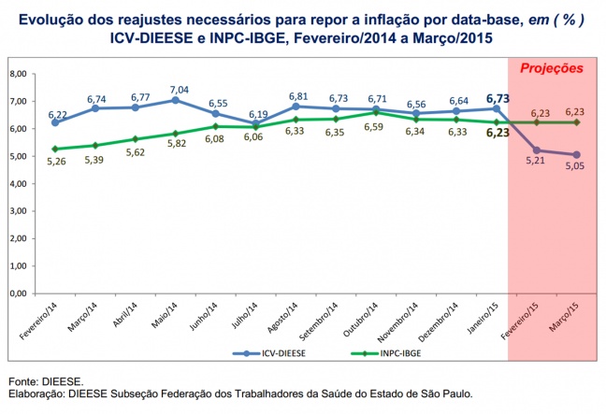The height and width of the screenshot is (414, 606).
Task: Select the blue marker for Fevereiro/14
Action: (x=55, y=122)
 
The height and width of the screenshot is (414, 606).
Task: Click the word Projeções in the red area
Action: (x=552, y=68)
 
